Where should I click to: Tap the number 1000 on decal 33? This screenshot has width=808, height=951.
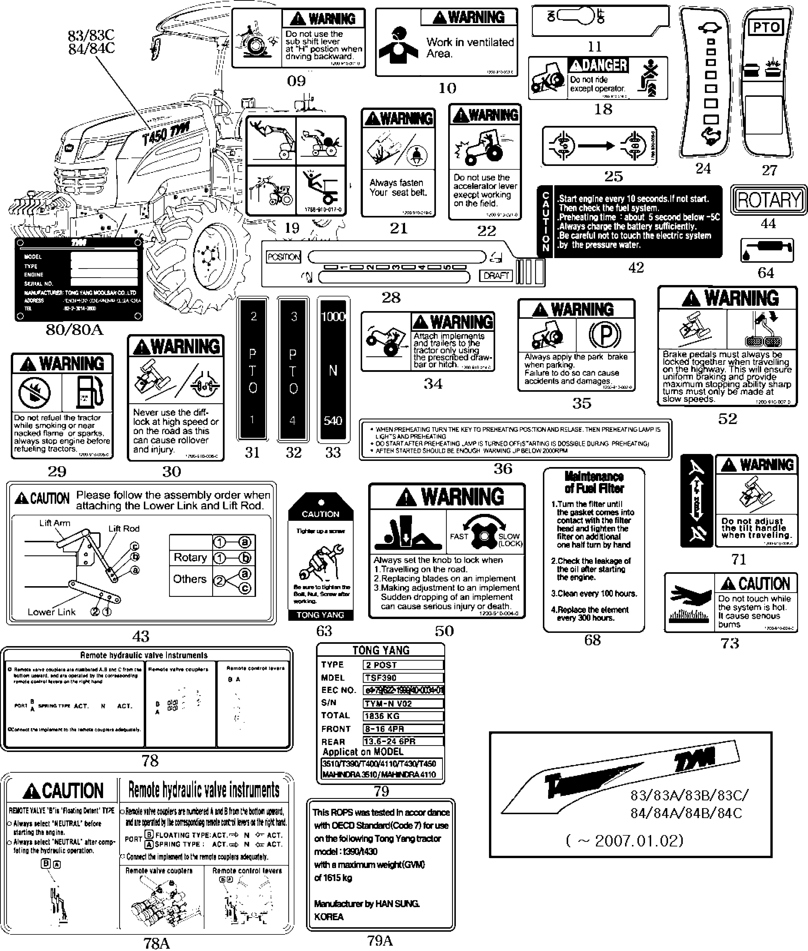(x=333, y=317)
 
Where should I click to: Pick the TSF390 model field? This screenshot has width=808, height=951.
(x=403, y=678)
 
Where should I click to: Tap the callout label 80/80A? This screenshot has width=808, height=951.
(x=75, y=330)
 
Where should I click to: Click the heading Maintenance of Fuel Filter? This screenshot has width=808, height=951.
(x=594, y=482)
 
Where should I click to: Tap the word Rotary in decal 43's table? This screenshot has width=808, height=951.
(x=190, y=557)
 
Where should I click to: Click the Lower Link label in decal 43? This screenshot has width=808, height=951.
(x=51, y=612)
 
